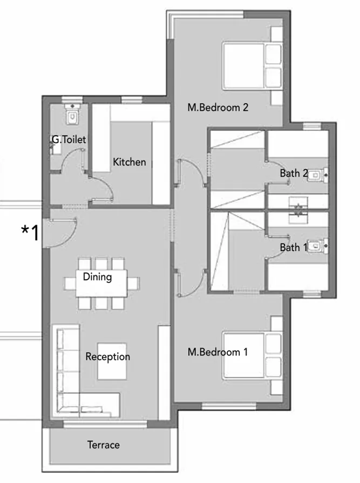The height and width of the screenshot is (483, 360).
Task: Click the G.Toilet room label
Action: (x=69, y=140)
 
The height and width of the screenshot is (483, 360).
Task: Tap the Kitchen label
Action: (x=129, y=162)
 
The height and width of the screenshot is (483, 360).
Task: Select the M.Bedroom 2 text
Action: (x=218, y=107)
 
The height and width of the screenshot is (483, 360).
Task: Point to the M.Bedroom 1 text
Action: (x=218, y=352)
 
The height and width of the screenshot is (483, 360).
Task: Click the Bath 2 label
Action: (x=294, y=173)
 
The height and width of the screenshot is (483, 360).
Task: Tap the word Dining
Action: (x=98, y=277)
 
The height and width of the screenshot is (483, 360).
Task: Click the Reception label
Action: (x=107, y=357)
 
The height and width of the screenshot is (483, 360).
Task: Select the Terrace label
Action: (x=104, y=445)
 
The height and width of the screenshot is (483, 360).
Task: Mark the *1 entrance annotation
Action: (x=30, y=233)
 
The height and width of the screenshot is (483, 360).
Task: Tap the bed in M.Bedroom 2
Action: (x=253, y=66)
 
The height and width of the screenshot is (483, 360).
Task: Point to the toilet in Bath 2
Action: (x=318, y=175)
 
